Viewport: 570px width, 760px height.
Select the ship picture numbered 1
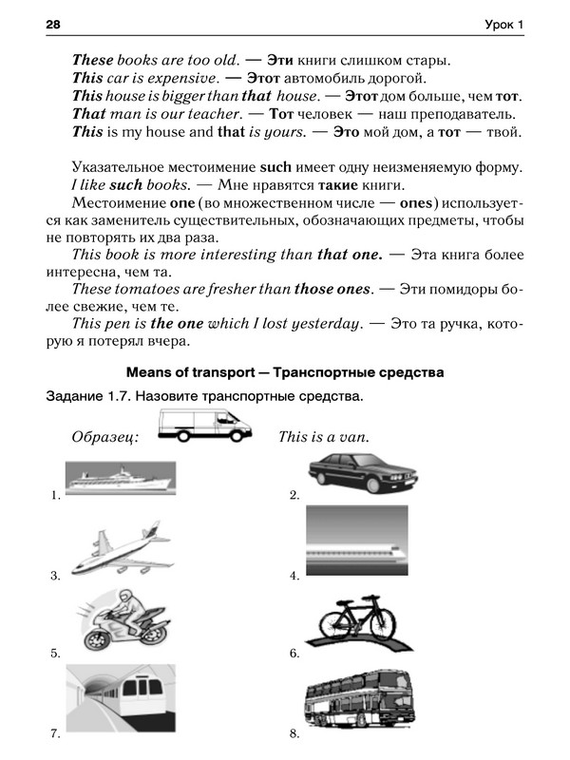pos(119,476)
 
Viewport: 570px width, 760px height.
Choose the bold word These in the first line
pos(92,58)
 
